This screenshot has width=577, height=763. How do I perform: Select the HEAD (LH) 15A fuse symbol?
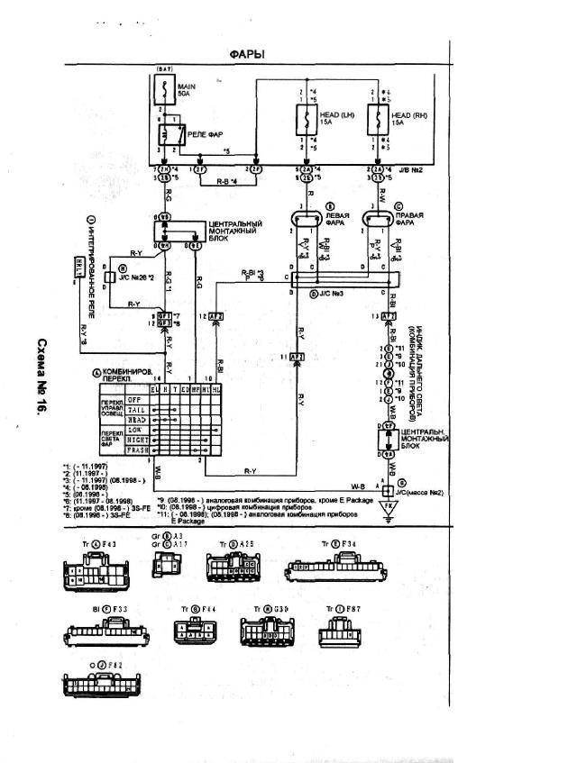pos(304,118)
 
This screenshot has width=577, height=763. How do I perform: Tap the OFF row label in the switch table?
pos(135,398)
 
